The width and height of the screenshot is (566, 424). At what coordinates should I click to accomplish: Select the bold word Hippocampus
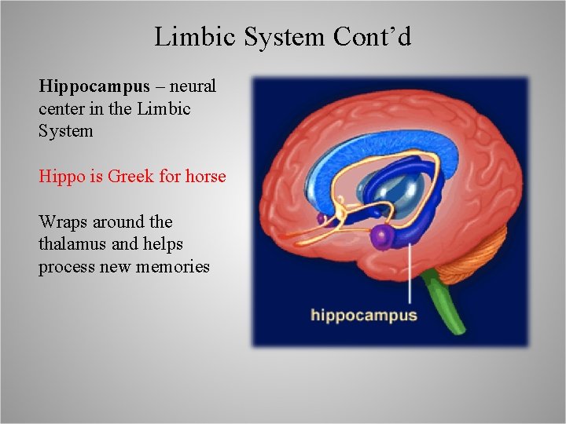[94, 86]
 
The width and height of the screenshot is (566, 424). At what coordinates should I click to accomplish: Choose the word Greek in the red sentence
[130, 176]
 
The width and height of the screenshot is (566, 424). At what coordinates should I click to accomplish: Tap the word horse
[205, 176]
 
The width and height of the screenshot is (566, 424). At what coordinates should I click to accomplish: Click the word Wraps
[61, 222]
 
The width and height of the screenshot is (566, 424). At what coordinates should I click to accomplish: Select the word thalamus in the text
[70, 244]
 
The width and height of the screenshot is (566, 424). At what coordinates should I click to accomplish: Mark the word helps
[152, 244]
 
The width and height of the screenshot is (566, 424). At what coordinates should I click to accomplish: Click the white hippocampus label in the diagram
[363, 316]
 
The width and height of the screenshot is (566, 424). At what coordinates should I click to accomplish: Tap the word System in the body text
[66, 131]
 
